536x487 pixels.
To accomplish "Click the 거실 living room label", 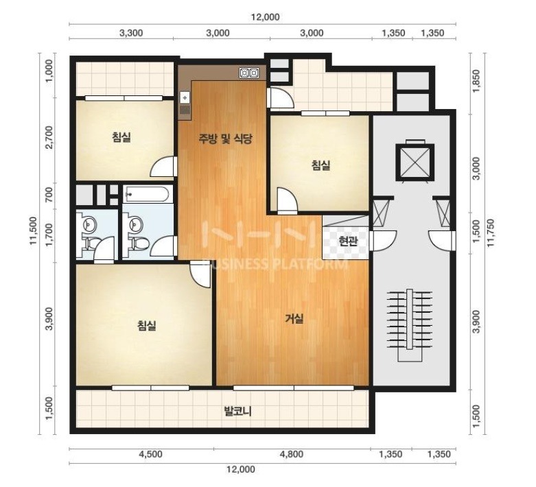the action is (x=294, y=318).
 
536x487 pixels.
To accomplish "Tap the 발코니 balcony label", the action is (x=237, y=411).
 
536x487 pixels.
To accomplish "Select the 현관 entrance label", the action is (x=348, y=241).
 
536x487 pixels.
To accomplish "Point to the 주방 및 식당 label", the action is (x=226, y=139).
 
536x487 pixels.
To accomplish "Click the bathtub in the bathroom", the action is (x=147, y=195).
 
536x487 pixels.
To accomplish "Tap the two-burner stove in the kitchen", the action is (x=249, y=73).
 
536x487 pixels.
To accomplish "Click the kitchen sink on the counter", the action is (x=185, y=98).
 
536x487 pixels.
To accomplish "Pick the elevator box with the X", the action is (x=415, y=162).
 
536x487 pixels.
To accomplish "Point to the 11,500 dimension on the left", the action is (x=33, y=230).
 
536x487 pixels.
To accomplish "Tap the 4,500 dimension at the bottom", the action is (x=151, y=454).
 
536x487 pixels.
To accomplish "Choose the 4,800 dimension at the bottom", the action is (x=292, y=454).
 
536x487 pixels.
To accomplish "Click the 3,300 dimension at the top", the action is (x=131, y=33).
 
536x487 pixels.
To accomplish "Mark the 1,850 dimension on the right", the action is (x=476, y=80).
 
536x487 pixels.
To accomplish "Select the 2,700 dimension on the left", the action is (x=50, y=137).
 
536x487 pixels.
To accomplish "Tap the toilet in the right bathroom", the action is (x=140, y=243).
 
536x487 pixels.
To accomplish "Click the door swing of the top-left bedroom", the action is (x=164, y=166).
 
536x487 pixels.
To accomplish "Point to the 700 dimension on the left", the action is (x=50, y=194).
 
